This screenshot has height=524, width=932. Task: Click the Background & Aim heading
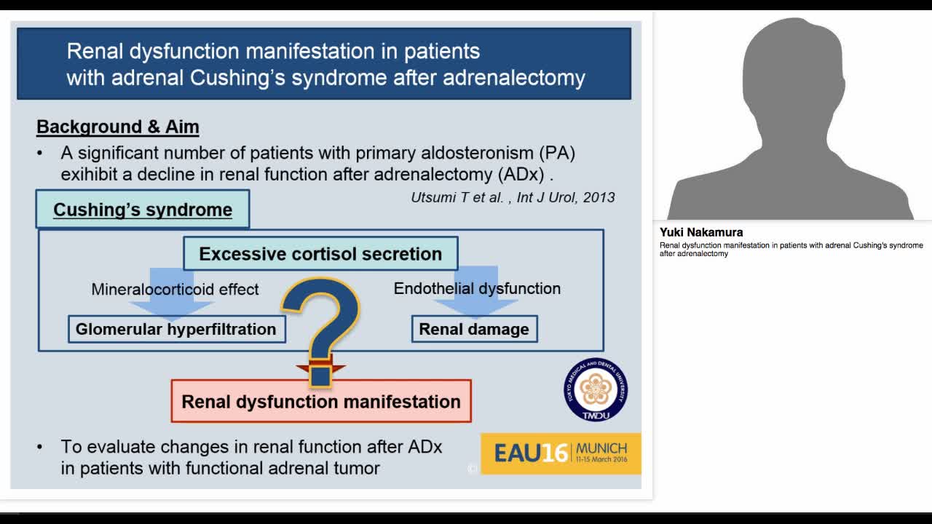117,127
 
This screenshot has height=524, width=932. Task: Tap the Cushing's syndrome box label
143,210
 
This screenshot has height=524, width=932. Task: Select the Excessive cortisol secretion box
320,254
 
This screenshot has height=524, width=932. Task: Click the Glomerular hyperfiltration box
176,329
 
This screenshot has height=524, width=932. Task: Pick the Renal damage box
474,329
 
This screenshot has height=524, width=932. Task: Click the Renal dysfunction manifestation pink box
321,402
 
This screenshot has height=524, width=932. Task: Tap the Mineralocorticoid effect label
175,290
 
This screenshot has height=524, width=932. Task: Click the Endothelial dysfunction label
477,289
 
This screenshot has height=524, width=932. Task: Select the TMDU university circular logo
595,389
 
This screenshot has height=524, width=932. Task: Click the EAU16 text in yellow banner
530,453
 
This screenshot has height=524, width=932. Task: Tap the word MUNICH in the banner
601,448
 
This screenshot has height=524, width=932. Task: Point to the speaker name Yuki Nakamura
701,232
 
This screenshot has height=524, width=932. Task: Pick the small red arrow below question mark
320,367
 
